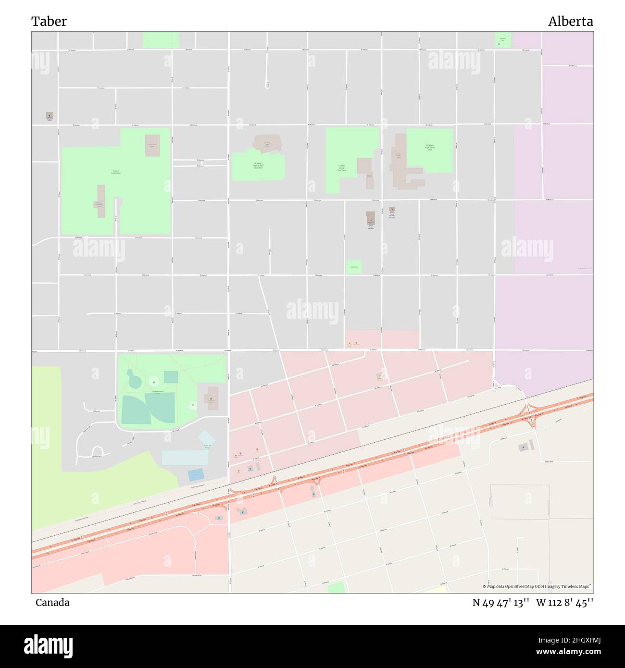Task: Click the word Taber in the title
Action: point(49,21)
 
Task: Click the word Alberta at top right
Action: point(570,21)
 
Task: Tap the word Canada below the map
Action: point(52,602)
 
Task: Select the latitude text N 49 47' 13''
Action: point(500,603)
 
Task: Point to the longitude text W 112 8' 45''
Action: point(564,603)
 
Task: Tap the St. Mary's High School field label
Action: point(259,166)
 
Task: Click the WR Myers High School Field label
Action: point(430,148)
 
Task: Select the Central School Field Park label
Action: point(341,168)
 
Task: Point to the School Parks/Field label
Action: point(116,172)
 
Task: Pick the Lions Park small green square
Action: point(353,267)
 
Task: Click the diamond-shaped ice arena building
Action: point(206,438)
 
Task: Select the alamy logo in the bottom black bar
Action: point(49,645)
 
